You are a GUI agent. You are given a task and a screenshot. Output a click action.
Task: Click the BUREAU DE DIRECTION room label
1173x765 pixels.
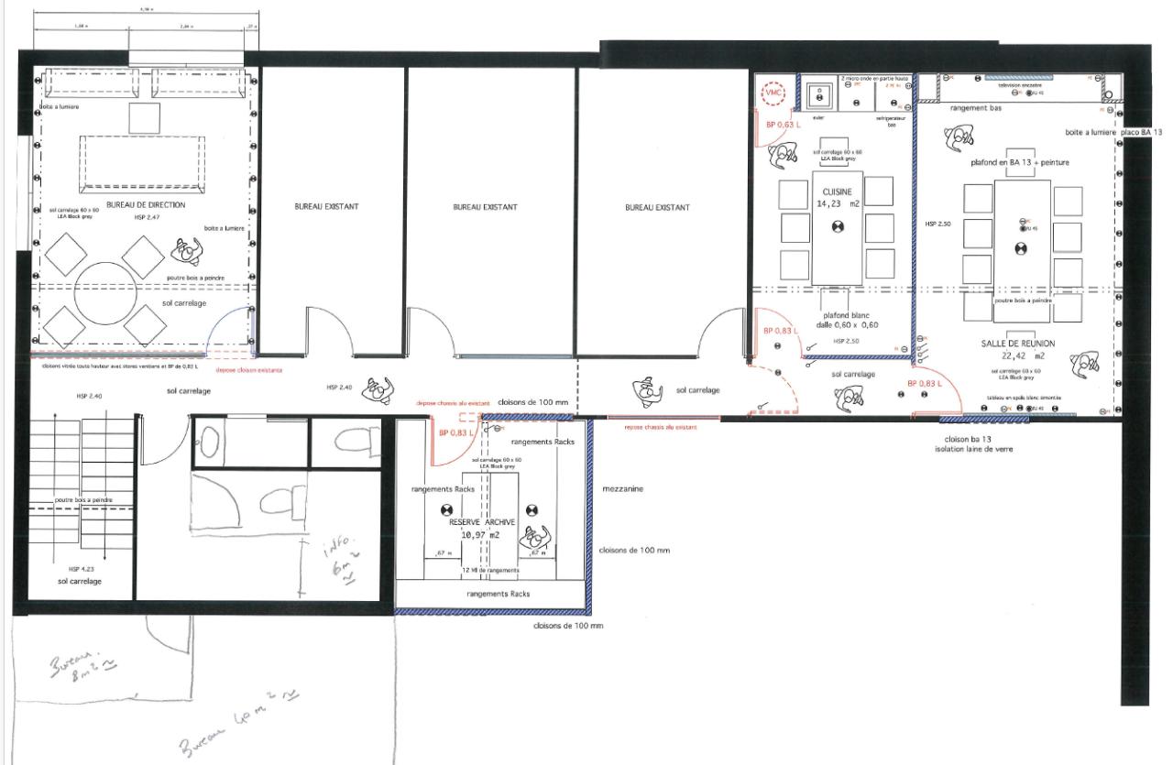[146, 204]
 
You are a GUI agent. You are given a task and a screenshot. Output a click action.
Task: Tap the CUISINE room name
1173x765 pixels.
[837, 191]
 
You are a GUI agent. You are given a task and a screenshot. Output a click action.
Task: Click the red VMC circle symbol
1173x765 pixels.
[773, 93]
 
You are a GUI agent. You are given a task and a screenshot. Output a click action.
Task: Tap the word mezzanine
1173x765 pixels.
[622, 488]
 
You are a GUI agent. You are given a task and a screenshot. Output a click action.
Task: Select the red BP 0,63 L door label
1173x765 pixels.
[784, 124]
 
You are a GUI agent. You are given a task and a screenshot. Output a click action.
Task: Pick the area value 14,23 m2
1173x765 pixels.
[837, 203]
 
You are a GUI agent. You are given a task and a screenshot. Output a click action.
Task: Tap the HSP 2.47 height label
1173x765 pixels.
[146, 218]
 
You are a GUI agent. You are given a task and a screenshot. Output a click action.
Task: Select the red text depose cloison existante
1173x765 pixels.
[248, 371]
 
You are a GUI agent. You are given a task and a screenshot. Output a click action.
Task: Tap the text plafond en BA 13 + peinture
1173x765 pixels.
[1019, 162]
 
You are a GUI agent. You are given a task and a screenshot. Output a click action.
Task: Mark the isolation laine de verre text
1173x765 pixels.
[973, 449]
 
